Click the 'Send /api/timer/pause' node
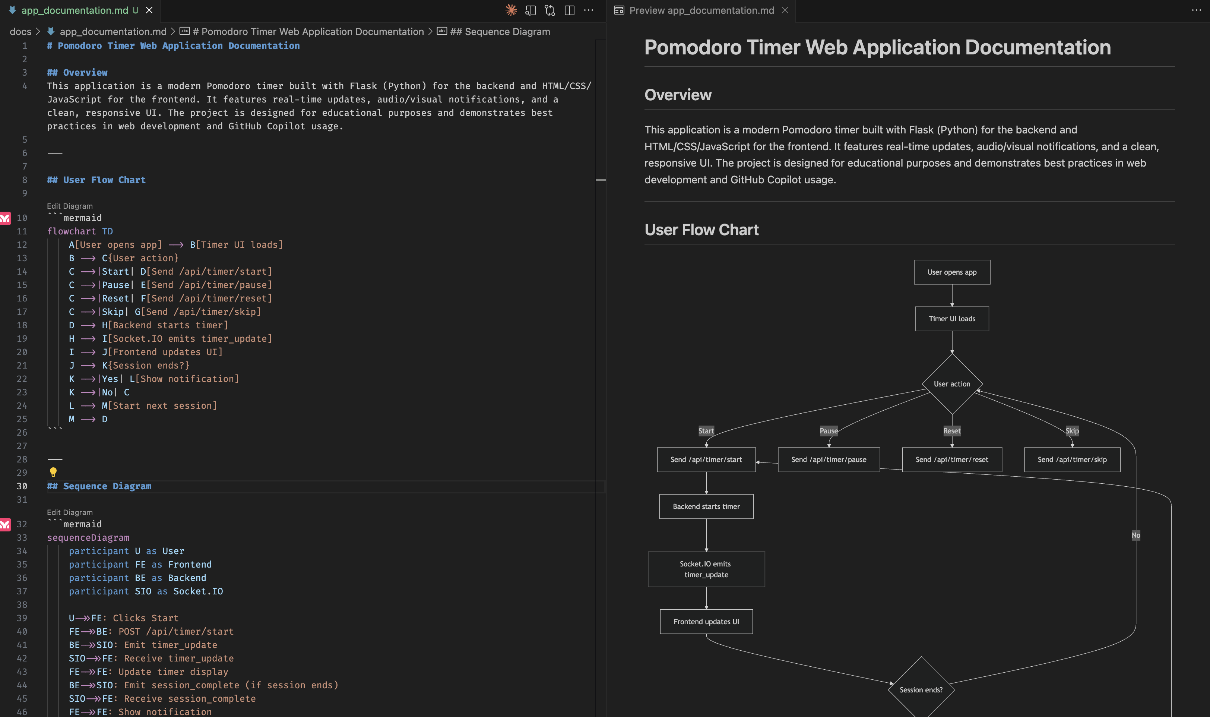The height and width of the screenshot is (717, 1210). point(828,459)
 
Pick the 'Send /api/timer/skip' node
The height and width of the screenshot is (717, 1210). point(1071,459)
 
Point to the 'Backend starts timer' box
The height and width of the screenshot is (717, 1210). point(706,506)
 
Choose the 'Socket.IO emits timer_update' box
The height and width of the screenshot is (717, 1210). point(706,569)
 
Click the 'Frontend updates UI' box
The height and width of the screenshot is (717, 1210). point(706,621)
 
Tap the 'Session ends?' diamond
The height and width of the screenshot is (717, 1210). point(921,689)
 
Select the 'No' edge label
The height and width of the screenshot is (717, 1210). point(1135,535)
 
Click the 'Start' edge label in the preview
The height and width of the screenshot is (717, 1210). point(706,430)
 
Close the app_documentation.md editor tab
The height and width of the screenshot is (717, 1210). point(149,10)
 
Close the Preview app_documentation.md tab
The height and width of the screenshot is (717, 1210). point(785,10)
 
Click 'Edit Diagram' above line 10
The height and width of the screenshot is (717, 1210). point(70,206)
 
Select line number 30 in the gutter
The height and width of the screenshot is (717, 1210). point(22,486)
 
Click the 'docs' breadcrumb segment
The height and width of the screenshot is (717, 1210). point(20,31)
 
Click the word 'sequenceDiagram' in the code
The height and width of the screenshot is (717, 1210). point(88,537)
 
